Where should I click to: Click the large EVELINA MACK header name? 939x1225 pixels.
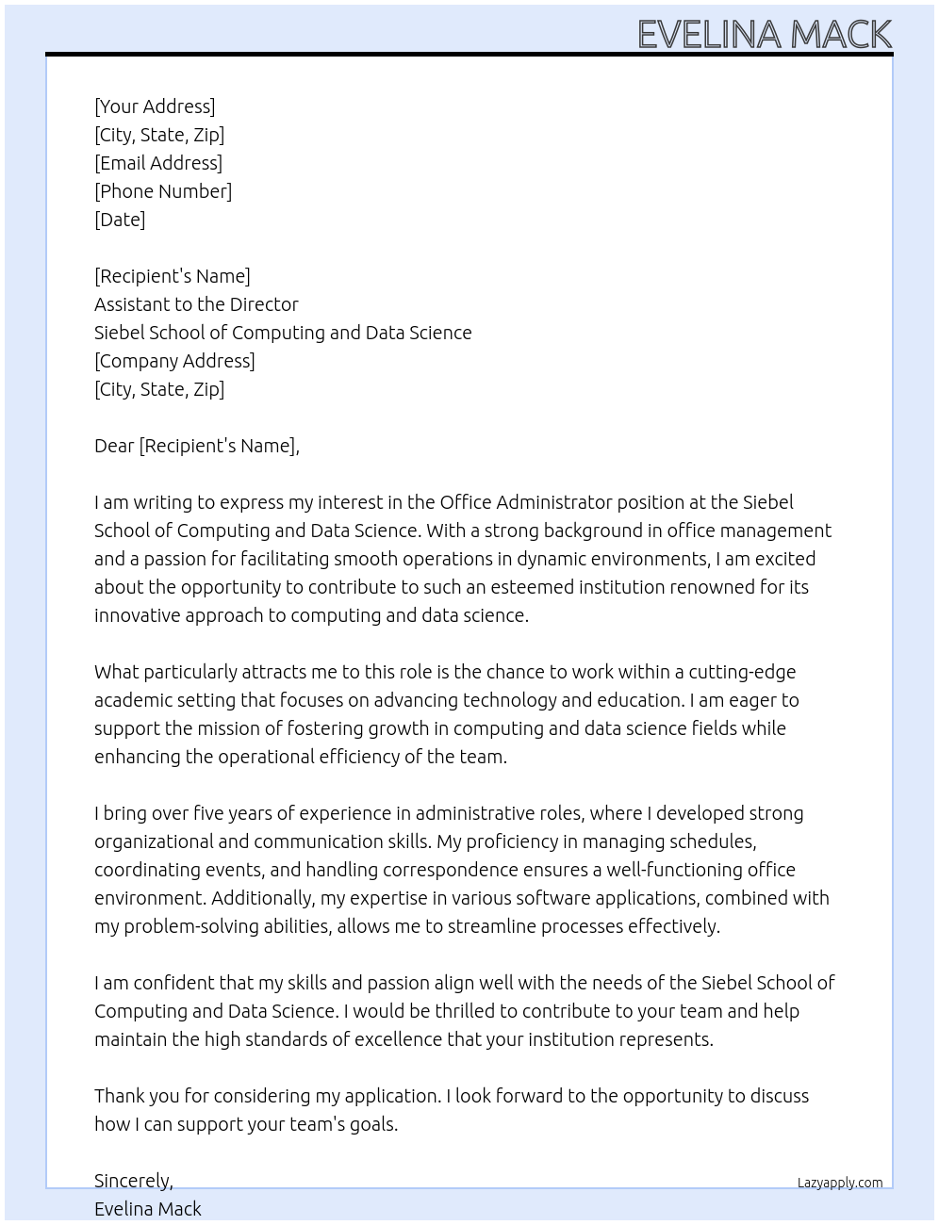[764, 34]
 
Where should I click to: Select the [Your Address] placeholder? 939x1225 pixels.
[155, 106]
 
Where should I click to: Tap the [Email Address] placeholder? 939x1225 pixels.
[158, 163]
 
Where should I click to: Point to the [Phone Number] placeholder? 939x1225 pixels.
[163, 191]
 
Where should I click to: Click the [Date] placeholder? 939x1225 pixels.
[120, 220]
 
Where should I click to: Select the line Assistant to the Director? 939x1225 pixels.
[196, 304]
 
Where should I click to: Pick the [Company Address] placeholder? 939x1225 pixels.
[174, 361]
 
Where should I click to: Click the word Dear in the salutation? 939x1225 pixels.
[114, 446]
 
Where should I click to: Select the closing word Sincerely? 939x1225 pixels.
[133, 1181]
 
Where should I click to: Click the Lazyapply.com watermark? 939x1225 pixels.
[839, 1183]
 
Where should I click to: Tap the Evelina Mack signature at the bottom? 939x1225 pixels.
[148, 1209]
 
